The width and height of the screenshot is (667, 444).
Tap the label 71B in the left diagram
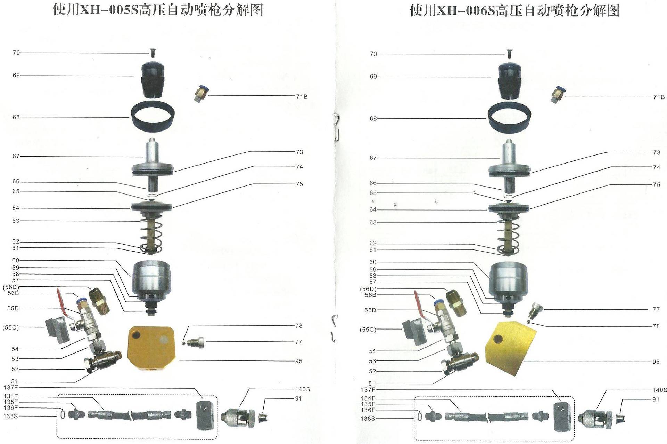302,97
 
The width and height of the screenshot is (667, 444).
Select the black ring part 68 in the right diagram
510,118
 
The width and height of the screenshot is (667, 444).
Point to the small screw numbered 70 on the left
153,53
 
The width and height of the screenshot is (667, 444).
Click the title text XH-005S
109,10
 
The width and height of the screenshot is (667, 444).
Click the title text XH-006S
466,10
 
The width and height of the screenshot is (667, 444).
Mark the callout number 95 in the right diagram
656,362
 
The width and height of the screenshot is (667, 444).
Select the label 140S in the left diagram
302,389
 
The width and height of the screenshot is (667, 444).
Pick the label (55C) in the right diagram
368,330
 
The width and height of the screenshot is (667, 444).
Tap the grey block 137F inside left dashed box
204,415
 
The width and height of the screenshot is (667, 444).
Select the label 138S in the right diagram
368,419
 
